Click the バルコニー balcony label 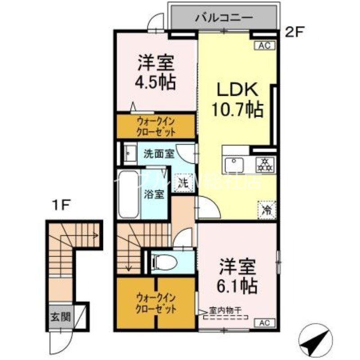click(x=223, y=18)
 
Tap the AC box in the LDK click(x=264, y=45)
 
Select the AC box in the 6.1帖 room click(x=264, y=322)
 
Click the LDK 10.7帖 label click(x=238, y=100)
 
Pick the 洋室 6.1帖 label click(x=238, y=275)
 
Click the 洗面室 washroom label click(x=159, y=153)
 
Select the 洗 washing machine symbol click(x=183, y=184)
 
